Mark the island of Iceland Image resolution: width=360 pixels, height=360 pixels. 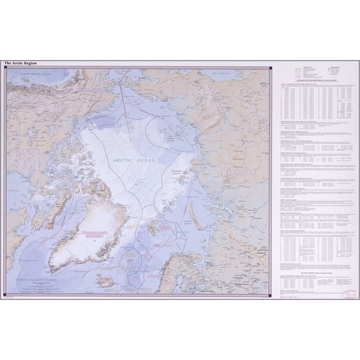(106, 281)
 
